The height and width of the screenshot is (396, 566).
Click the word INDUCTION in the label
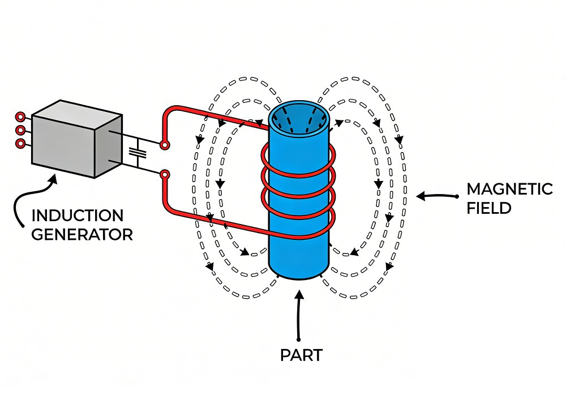click(x=77, y=216)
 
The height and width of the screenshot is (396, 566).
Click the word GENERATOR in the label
click(x=82, y=234)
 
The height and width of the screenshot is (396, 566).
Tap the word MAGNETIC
click(x=509, y=189)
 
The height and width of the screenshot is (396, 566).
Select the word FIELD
click(x=490, y=208)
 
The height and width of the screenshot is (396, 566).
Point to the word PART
click(x=301, y=356)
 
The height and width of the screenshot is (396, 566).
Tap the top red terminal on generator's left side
click(x=20, y=117)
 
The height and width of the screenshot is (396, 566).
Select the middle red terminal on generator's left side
click(x=20, y=130)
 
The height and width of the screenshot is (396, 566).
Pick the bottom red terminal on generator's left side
click(x=20, y=143)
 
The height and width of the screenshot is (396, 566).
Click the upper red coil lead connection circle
click(x=164, y=145)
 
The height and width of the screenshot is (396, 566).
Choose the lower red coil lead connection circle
click(x=164, y=175)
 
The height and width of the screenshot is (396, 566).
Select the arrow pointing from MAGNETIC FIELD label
click(x=436, y=196)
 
